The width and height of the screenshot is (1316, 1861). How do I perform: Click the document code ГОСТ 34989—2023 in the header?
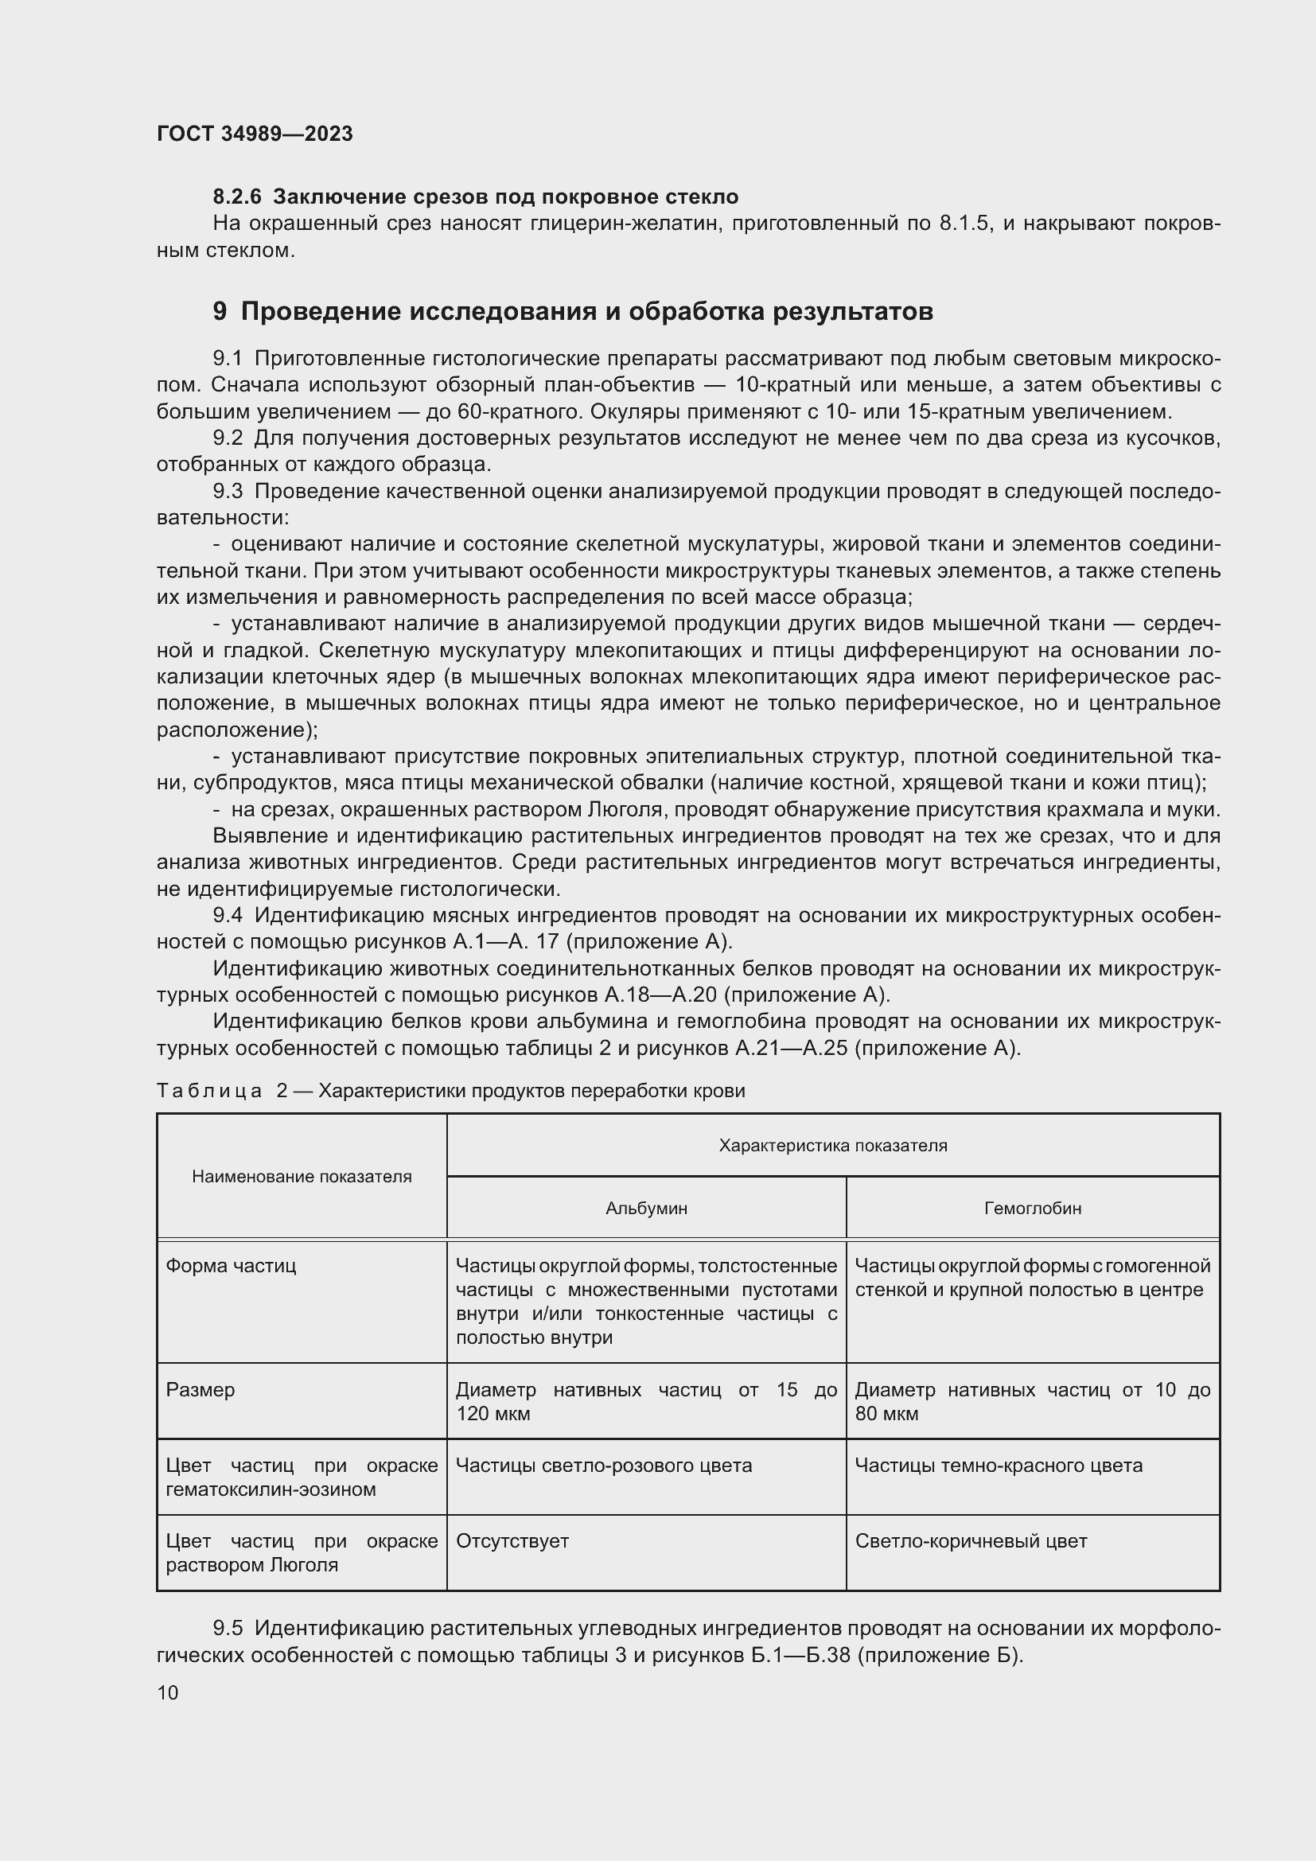click(255, 134)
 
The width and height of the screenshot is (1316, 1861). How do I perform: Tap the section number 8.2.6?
click(236, 197)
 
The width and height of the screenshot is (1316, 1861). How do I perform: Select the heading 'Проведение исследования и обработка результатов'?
click(586, 311)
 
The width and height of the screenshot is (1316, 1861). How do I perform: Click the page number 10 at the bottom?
click(168, 1692)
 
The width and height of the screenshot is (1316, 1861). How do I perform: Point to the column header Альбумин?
click(646, 1209)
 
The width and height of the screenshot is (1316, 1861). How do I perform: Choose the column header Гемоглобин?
click(1033, 1209)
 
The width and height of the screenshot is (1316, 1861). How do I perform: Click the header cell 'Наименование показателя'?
click(302, 1177)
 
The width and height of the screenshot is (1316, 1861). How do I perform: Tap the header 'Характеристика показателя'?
click(832, 1145)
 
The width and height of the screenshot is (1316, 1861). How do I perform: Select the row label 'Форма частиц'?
click(231, 1266)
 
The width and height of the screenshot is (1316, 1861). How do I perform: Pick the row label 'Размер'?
click(201, 1390)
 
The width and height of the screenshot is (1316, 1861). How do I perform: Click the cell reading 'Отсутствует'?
click(512, 1541)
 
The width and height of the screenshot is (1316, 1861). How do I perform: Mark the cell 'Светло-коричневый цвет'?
click(971, 1541)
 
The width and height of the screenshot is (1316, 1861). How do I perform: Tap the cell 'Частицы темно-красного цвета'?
click(999, 1466)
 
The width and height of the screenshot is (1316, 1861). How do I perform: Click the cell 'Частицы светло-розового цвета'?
click(604, 1466)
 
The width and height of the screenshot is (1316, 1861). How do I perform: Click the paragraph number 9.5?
click(228, 1629)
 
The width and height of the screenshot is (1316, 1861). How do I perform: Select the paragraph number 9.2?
click(228, 438)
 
